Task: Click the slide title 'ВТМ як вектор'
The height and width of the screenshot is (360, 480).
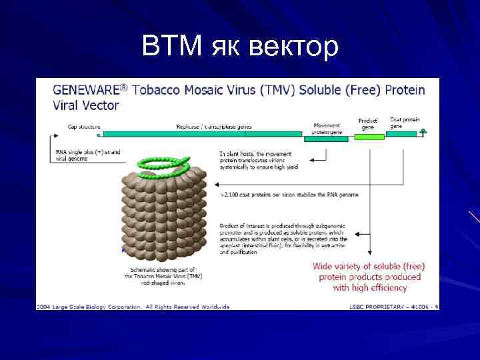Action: tap(240, 47)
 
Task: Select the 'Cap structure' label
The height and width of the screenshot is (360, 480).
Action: tap(84, 126)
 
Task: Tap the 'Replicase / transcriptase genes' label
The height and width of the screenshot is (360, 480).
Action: tap(213, 126)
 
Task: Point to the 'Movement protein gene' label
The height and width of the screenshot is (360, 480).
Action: tap(327, 127)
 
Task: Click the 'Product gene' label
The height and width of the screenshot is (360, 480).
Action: tap(368, 124)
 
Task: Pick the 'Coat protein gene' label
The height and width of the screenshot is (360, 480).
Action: tap(405, 123)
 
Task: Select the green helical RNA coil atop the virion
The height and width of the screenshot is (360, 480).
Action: tap(163, 163)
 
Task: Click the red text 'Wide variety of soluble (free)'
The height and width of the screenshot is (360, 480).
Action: tap(369, 266)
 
